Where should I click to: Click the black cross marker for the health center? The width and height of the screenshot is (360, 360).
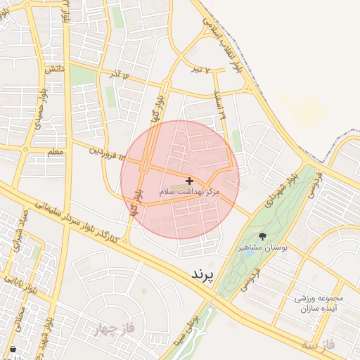[189, 181]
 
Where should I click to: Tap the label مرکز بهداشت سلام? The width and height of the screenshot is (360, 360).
[190, 191]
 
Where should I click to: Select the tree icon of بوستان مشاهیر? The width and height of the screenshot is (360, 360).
[262, 236]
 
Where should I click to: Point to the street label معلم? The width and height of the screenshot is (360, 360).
[55, 151]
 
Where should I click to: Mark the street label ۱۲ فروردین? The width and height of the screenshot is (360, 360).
[105, 150]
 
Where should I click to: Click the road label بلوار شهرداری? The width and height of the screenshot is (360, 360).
[282, 189]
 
